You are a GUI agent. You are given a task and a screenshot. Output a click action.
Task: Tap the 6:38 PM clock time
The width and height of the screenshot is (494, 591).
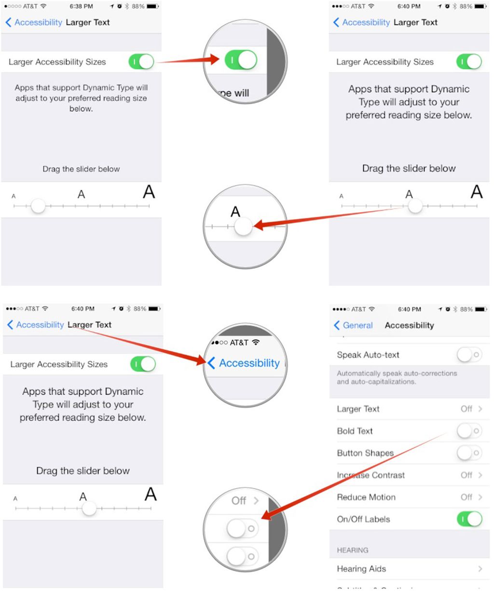[81, 6]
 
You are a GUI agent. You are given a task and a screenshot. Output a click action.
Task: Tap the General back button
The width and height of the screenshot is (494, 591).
[354, 325]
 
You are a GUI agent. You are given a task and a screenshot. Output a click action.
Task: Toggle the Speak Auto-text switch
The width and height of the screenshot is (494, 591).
[469, 355]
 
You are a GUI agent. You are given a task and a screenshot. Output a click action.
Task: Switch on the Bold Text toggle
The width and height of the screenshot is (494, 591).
[469, 431]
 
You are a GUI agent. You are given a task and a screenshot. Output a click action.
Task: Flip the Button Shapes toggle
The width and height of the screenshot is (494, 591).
[469, 453]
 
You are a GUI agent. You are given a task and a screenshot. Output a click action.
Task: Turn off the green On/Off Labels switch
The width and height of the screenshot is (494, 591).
[469, 519]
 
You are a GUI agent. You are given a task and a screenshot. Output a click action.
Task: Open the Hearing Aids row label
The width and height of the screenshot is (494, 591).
[361, 569]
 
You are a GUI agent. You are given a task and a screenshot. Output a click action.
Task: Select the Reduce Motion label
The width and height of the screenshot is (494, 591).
[366, 497]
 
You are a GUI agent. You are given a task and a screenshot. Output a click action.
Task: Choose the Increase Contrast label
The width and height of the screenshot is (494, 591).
[370, 475]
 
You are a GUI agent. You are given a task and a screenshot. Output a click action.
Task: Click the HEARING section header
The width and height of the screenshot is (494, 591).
[353, 550]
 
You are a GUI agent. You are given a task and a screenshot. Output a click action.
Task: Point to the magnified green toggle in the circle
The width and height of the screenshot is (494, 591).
[241, 60]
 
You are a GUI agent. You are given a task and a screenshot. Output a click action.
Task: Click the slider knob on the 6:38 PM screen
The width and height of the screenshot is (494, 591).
[38, 206]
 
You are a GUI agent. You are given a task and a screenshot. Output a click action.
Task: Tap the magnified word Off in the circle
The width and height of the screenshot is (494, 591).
[239, 501]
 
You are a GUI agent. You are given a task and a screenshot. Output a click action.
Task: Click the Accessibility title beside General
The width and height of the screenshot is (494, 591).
[409, 325]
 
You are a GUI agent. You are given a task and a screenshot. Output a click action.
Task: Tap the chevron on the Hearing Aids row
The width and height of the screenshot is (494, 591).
[480, 569]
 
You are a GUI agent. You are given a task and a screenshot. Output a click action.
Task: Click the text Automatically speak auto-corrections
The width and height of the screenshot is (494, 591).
[397, 373]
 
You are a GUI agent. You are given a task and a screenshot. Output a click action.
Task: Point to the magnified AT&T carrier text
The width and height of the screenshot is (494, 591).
[239, 343]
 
